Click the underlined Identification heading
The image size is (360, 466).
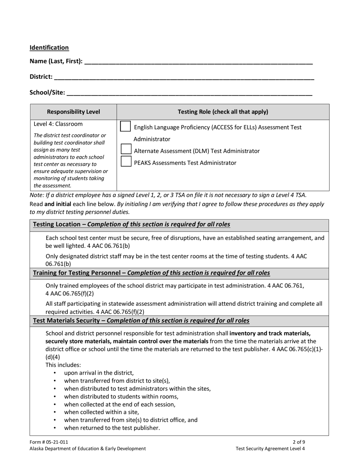[x=49, y=48]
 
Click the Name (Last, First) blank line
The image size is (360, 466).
[x=198, y=62]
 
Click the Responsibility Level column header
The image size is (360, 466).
[x=74, y=112]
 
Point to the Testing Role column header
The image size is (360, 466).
[x=223, y=112]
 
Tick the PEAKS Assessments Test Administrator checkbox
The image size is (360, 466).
[x=125, y=162]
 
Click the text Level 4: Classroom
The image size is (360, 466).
[x=58, y=124]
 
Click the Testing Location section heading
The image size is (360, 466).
[x=131, y=224]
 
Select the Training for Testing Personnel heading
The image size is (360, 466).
[x=152, y=273]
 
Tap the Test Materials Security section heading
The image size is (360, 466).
[x=141, y=321]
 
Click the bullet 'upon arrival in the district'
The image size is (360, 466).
[x=99, y=373]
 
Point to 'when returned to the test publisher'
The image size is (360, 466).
[x=112, y=428]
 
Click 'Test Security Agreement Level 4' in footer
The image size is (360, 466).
[x=270, y=449]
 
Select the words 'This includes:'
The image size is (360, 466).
[x=63, y=365]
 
